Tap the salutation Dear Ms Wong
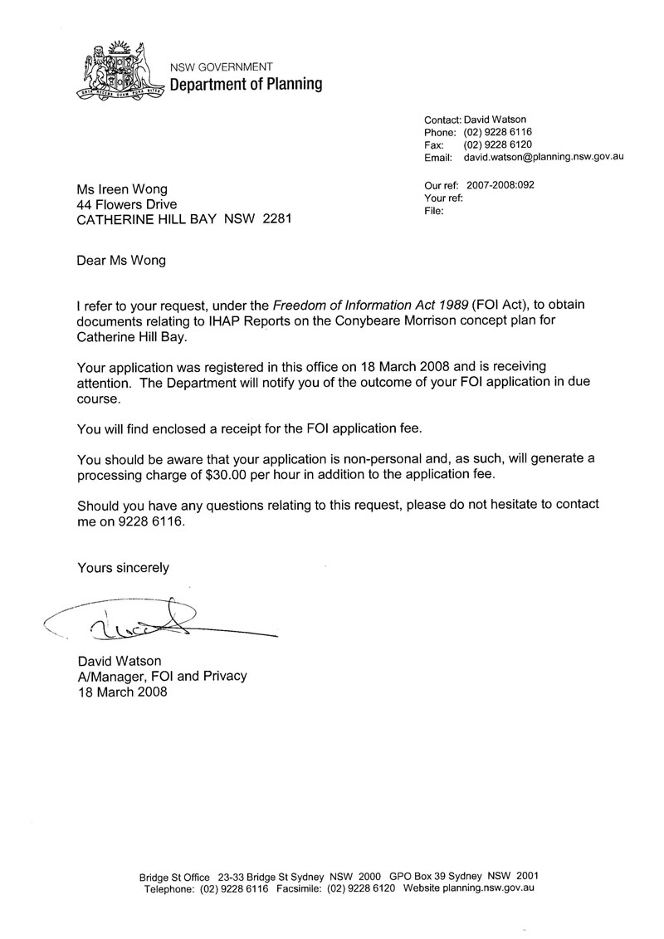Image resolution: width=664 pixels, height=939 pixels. point(121,260)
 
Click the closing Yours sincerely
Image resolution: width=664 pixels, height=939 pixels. point(123,568)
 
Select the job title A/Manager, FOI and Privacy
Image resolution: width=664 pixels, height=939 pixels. point(162,676)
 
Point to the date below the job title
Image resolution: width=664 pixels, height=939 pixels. point(122,692)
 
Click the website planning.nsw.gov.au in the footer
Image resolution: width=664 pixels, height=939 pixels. point(486,888)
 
